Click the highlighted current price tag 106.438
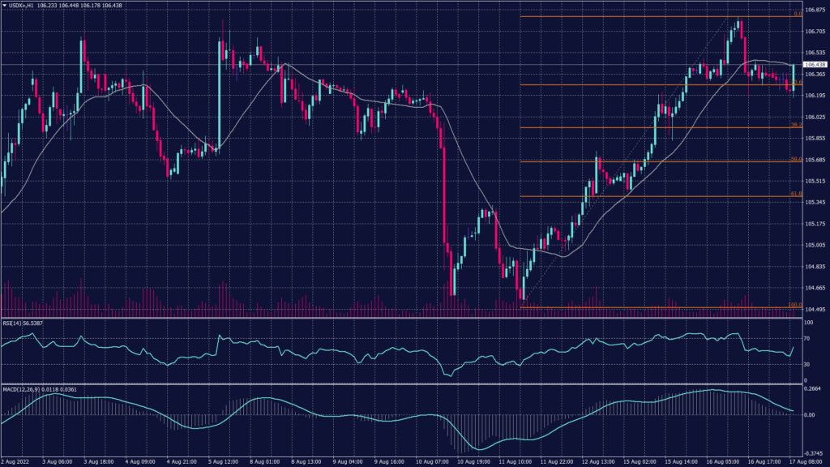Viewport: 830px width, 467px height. coord(815,64)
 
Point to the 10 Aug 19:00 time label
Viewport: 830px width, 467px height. coord(472,461)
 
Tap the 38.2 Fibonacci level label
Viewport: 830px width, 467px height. coord(796,125)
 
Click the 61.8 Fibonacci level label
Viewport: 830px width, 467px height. coord(796,194)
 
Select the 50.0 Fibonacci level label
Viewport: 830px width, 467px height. coord(796,159)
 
